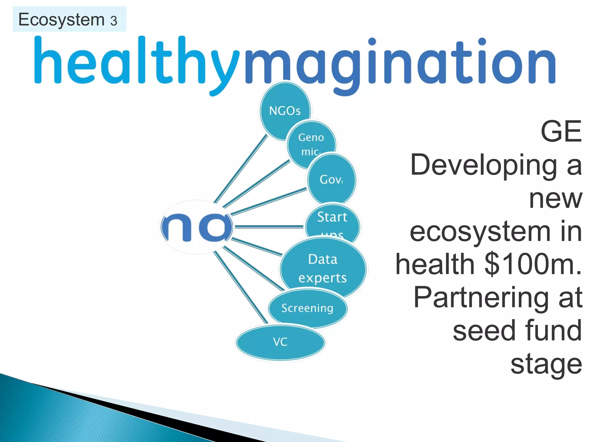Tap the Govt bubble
click(x=332, y=179)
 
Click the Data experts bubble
click(x=323, y=268)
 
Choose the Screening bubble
click(x=307, y=308)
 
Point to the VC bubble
click(x=280, y=342)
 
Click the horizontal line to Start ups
click(x=269, y=227)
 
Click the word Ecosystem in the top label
click(x=61, y=20)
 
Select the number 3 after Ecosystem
click(x=114, y=21)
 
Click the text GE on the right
click(x=561, y=132)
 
